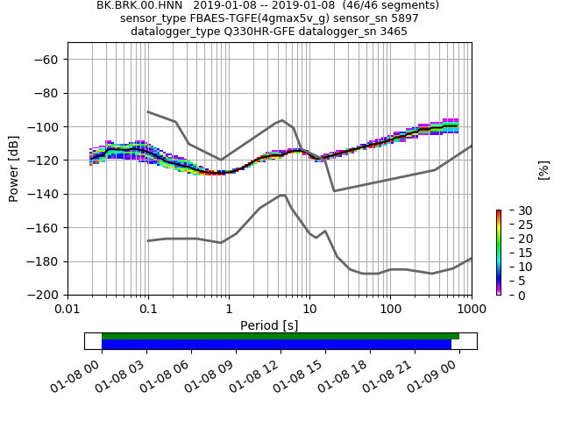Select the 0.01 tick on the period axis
pyautogui.click(x=67, y=310)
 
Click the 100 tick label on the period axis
pyautogui.click(x=390, y=310)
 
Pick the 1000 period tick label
pyautogui.click(x=471, y=310)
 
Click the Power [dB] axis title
pyautogui.click(x=14, y=168)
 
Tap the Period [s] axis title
pyautogui.click(x=269, y=325)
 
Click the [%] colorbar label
pyautogui.click(x=543, y=169)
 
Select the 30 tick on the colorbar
pyautogui.click(x=513, y=210)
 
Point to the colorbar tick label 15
pyautogui.click(x=513, y=253)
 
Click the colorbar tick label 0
pyautogui.click(x=509, y=296)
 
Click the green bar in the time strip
pyautogui.click(x=280, y=336)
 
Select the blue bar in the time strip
pyautogui.click(x=276, y=345)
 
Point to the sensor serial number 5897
pyautogui.click(x=403, y=18)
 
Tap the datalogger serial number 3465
pyautogui.click(x=392, y=32)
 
